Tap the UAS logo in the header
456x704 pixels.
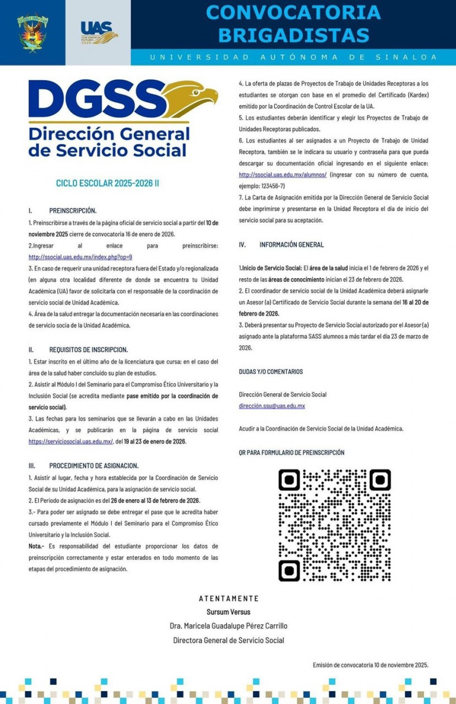pos(99,32)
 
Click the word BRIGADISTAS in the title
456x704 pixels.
pos(293,35)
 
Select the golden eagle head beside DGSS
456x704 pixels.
pos(191,99)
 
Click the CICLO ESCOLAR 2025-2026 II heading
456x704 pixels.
pos(107,183)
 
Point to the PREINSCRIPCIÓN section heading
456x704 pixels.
pos(72,211)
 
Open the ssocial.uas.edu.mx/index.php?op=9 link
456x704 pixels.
pos(80,257)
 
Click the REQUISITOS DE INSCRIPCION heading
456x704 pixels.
pos(88,350)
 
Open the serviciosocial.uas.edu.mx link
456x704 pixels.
pos(70,441)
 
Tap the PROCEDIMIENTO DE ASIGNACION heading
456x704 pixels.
pos(94,465)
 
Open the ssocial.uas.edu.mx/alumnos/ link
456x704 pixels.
pos(283,174)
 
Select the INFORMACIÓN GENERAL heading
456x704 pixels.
pos(291,245)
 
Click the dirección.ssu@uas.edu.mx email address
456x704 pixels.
pos(272,406)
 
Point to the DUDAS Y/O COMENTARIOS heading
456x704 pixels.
pos(270,372)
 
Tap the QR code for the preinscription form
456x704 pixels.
pos(334,525)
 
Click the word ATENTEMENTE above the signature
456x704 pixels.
pos(228,598)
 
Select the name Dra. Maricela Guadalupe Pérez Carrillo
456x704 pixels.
pos(228,626)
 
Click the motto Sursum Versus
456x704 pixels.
pos(228,612)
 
